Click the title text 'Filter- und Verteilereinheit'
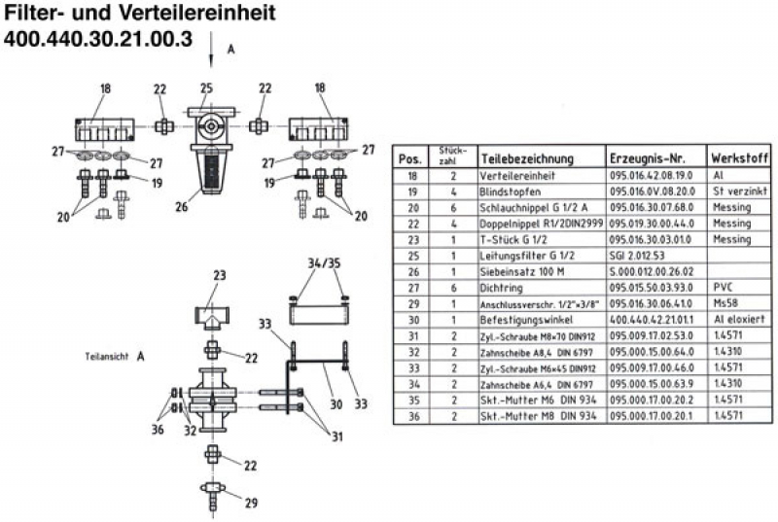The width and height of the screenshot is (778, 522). point(140,15)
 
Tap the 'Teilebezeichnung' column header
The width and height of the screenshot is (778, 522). point(525,158)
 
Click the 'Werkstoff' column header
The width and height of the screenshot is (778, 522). point(740,157)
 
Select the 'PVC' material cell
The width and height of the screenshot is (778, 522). point(723,287)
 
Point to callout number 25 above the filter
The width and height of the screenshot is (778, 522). point(206,89)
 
